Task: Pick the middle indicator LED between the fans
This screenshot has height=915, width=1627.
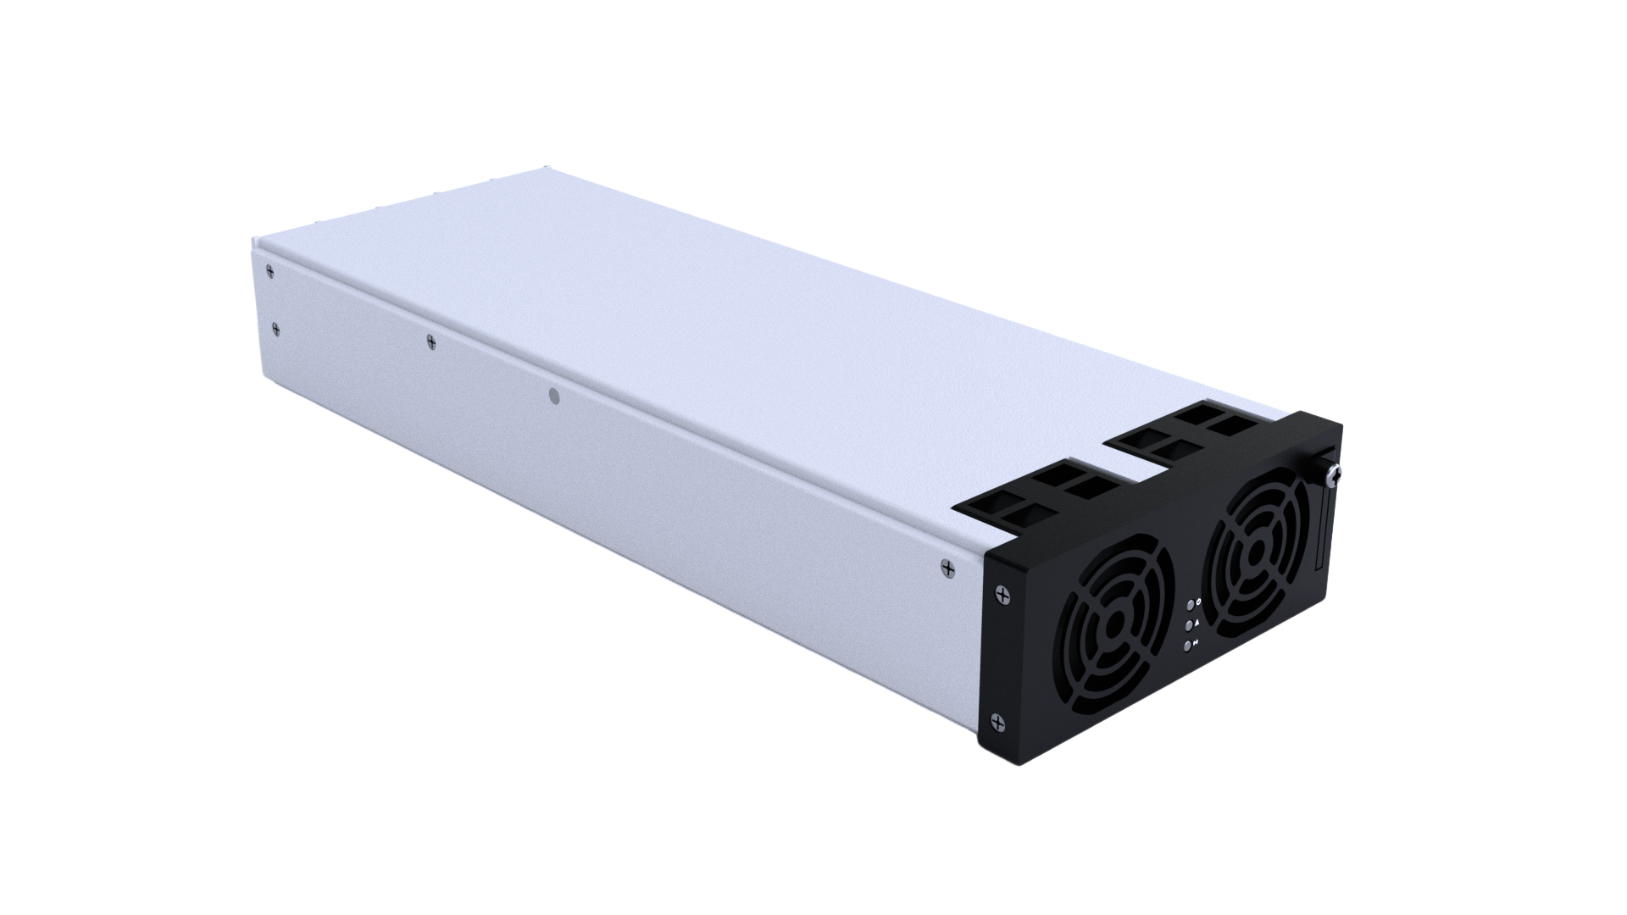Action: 1189,625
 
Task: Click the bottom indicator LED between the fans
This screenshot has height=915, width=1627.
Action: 1189,646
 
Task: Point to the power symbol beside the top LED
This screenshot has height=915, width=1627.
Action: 1198,601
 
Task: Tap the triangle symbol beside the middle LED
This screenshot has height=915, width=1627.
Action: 1197,622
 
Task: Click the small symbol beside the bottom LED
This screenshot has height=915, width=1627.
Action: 1197,643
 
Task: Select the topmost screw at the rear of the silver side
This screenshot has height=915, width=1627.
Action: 269,271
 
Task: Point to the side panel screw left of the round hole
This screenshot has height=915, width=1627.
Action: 430,341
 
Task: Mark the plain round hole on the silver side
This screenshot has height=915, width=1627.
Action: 554,395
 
